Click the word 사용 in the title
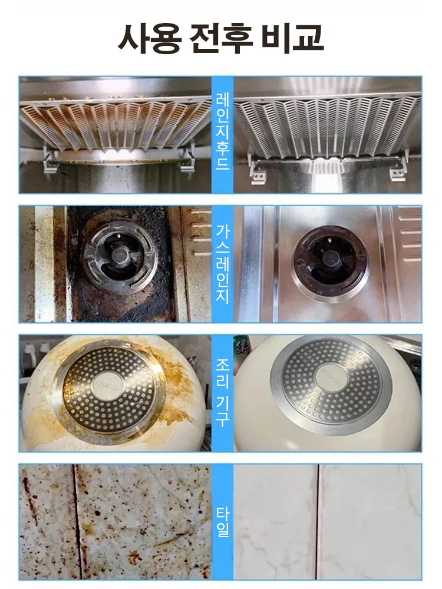[x=149, y=38]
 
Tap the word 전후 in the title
[x=220, y=38]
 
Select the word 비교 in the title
[x=292, y=38]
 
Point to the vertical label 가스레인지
[x=223, y=264]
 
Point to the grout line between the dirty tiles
[x=77, y=522]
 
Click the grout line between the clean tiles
[x=319, y=522]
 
